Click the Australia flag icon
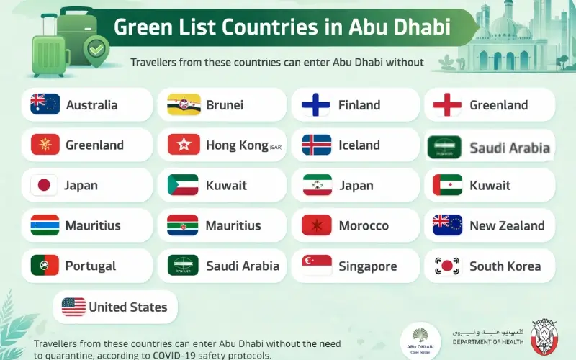[45, 104]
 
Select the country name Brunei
[225, 104]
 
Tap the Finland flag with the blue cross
[315, 105]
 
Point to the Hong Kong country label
[237, 145]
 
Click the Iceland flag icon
[316, 145]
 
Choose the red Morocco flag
[316, 225]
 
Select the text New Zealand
[507, 225]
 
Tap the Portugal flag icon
[45, 266]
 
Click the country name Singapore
[367, 266]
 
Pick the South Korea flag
[446, 266]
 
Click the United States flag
[73, 307]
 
